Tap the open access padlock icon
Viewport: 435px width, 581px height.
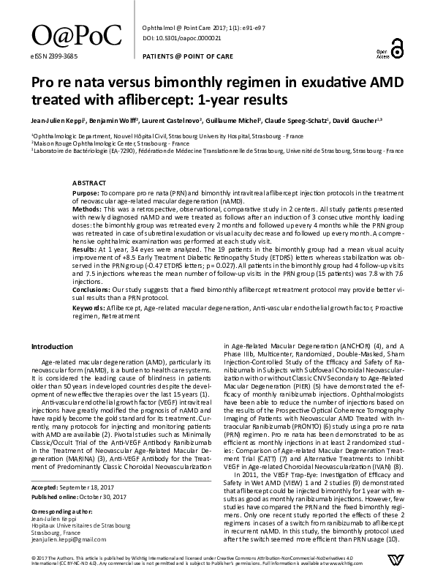397,49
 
